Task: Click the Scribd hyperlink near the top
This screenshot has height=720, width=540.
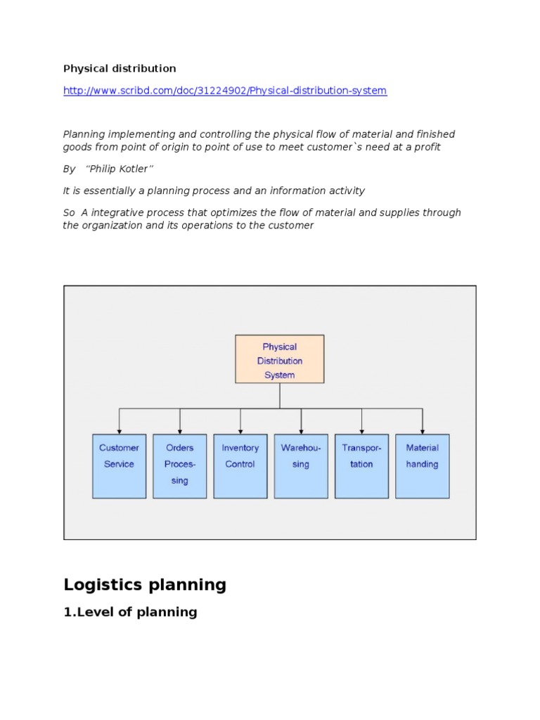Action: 225,91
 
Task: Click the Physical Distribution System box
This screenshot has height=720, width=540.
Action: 279,359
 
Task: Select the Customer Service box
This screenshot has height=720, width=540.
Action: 120,465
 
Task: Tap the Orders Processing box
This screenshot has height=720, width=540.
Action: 180,465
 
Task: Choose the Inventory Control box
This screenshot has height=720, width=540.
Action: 240,465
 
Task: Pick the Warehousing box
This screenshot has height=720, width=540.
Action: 301,465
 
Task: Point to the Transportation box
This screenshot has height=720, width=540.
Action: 361,465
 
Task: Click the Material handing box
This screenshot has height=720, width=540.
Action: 422,465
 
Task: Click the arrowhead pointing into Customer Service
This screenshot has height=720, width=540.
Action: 120,430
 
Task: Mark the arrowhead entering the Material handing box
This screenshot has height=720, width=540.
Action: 422,430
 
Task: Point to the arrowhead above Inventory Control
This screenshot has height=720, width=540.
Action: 240,430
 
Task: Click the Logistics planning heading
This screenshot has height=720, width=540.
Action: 145,584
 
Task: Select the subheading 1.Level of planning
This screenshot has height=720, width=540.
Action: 130,612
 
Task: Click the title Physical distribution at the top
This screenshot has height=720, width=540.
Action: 120,68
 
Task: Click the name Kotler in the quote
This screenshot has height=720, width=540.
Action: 137,169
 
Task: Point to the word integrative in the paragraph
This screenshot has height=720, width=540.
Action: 123,212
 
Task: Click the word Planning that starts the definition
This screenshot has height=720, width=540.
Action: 83,134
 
